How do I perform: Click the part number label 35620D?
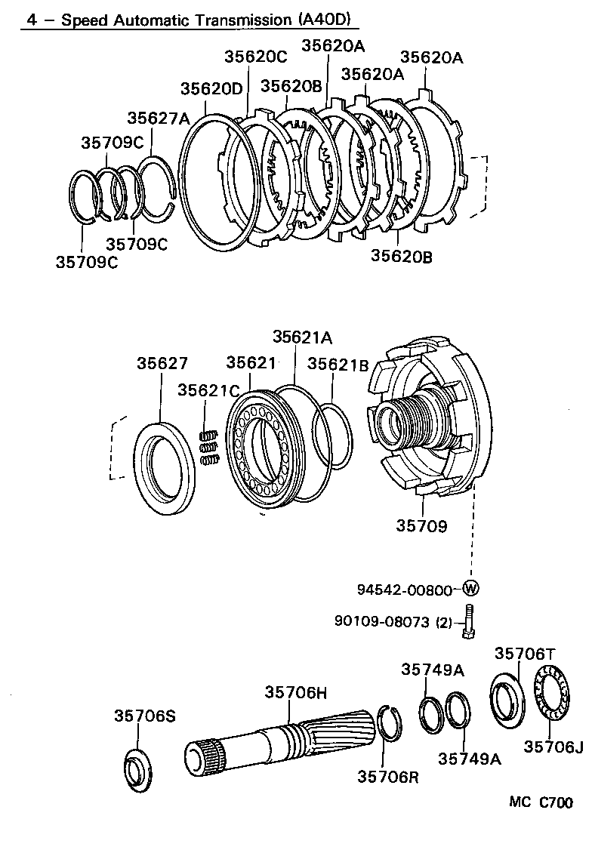point(211,88)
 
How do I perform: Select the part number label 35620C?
point(255,56)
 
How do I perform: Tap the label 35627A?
point(158,118)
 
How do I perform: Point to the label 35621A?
point(302,337)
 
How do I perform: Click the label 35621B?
point(338,365)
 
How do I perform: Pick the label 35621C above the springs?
point(208,390)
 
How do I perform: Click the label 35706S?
point(145,715)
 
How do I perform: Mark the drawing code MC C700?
point(540,803)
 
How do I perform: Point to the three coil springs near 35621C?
point(209,447)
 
